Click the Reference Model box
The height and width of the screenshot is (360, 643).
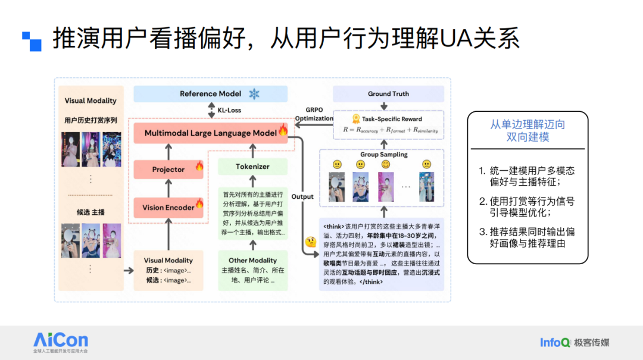tap(210, 94)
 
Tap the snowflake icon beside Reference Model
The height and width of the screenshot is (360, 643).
tap(254, 94)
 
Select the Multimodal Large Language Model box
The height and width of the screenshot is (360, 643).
tap(211, 133)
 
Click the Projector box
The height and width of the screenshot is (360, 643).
tap(168, 170)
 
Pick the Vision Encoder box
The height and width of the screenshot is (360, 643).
tap(168, 208)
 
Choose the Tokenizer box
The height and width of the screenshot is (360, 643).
tap(252, 167)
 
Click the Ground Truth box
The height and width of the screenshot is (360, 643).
tap(388, 94)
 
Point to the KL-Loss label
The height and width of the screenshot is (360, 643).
tap(229, 111)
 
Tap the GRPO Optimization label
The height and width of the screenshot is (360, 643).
tap(314, 114)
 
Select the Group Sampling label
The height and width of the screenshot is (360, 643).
tap(384, 155)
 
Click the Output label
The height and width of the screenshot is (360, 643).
tap(302, 196)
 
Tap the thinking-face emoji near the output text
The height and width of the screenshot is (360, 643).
tap(310, 242)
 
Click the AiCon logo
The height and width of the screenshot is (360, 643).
tap(60, 342)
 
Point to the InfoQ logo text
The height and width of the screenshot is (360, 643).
tap(555, 342)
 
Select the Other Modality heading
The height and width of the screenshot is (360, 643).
tap(252, 261)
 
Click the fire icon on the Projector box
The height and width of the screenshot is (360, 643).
tap(199, 167)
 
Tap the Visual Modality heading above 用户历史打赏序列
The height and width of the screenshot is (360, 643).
tap(90, 101)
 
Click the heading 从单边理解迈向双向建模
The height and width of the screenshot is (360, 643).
tap(527, 131)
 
